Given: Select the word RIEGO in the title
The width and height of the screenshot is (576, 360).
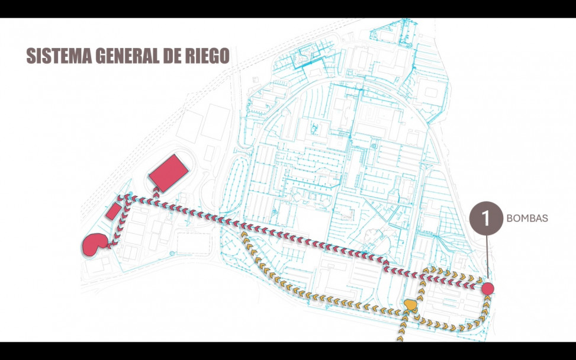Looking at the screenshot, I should tap(205, 56).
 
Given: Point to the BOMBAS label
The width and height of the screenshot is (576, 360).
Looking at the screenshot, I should tap(527, 218).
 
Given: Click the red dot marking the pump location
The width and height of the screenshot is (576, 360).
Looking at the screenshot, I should tap(488, 289).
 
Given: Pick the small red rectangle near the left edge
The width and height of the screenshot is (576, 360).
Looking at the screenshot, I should tap(111, 212).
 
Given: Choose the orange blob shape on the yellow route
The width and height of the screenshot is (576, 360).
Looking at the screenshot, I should tap(409, 305).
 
